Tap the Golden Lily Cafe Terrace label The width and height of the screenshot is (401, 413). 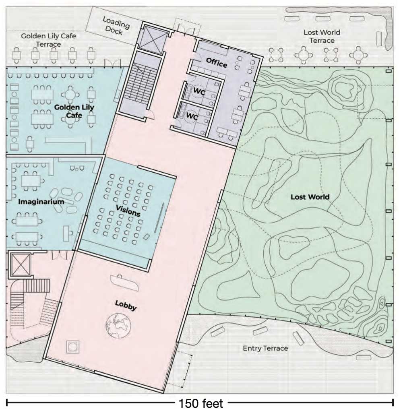(48, 40)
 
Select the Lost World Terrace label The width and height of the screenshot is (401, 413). (322, 36)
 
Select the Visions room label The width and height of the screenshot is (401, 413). (128, 210)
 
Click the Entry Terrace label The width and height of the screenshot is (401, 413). (265, 348)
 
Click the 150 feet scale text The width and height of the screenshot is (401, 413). (201, 403)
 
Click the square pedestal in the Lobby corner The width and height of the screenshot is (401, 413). (74, 347)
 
